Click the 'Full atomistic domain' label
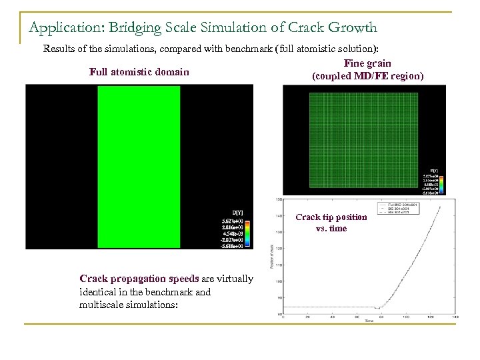[x=139, y=72]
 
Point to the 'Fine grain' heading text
[x=367, y=63]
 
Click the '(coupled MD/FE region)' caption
[x=367, y=76]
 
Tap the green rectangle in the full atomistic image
[x=139, y=167]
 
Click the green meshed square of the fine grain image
[x=363, y=140]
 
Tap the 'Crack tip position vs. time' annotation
[x=331, y=223]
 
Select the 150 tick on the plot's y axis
[x=280, y=199]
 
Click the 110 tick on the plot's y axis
[x=280, y=265]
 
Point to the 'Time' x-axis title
[x=369, y=321]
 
